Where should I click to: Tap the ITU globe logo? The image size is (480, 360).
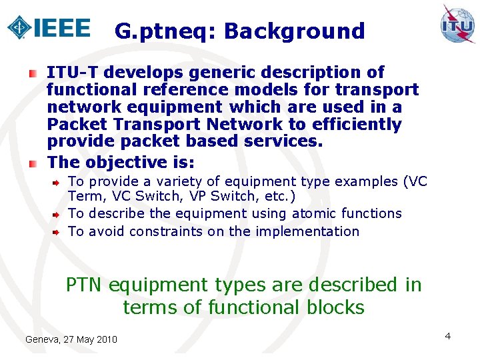[458, 25]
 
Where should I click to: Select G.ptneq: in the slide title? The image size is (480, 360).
[165, 31]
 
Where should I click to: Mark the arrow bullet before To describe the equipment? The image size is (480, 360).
[57, 214]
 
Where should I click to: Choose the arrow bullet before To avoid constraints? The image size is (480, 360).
[57, 232]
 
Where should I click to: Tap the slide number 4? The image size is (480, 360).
[448, 336]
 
